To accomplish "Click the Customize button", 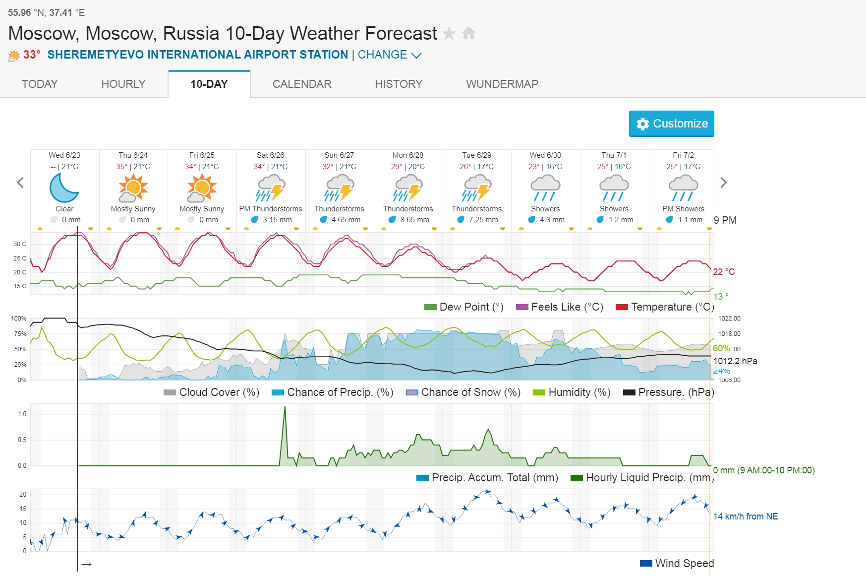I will click(671, 124).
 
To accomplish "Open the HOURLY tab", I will click(123, 84).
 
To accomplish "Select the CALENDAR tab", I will click(301, 84).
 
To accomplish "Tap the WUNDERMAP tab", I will click(502, 84).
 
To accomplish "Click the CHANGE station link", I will click(389, 55).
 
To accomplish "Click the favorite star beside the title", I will click(449, 33).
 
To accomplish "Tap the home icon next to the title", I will click(468, 33).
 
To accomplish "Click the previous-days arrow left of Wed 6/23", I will click(20, 183).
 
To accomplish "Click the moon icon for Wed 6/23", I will click(64, 188).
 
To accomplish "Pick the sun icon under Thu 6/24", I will click(133, 188).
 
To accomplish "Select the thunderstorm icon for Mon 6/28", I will click(408, 188).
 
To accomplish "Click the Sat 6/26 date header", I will click(271, 155).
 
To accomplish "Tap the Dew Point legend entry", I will click(464, 307).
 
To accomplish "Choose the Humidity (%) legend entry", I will click(572, 392).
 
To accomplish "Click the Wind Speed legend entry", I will click(677, 563).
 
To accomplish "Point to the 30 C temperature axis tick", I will click(20, 244).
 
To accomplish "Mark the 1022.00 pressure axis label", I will click(729, 319).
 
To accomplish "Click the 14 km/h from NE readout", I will click(746, 516).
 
